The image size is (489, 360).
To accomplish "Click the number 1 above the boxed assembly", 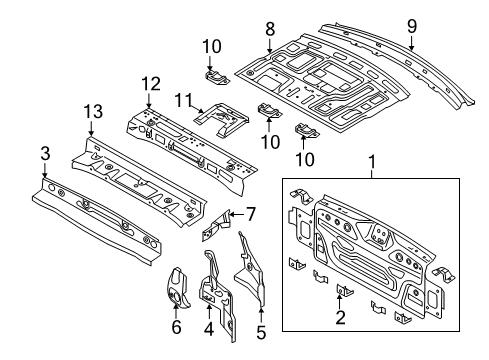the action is [x=372, y=162].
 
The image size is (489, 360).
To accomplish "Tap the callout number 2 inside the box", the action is [x=340, y=317].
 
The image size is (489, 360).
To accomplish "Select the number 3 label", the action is [x=45, y=154].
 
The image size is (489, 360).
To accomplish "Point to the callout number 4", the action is [x=209, y=329].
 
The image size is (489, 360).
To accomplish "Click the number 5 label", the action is [x=261, y=332].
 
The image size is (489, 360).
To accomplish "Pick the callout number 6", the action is [x=176, y=327].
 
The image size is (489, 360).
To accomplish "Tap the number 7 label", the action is [x=251, y=214].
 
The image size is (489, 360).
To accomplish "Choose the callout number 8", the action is [x=270, y=28].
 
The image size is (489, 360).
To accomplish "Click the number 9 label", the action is [x=412, y=26].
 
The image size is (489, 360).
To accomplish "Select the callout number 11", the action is [x=184, y=100].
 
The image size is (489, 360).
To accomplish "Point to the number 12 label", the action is [x=151, y=84].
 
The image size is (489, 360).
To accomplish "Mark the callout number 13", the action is [x=93, y=111].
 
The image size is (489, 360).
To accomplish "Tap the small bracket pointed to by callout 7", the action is [x=215, y=224].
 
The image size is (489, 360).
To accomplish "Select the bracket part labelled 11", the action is [x=222, y=119].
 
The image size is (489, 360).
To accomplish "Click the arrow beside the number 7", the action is [x=237, y=214].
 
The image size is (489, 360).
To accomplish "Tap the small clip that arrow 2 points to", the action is [x=345, y=290].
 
